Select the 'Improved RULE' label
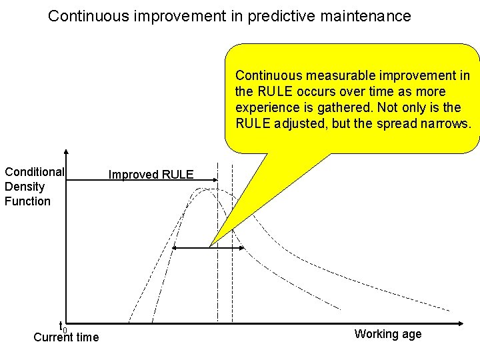[151, 175]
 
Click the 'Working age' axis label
[388, 334]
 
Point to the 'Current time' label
[66, 337]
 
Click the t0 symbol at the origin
[63, 327]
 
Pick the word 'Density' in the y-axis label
[25, 187]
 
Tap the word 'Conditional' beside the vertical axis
[34, 172]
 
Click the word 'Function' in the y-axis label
[27, 201]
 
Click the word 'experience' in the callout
[265, 107]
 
